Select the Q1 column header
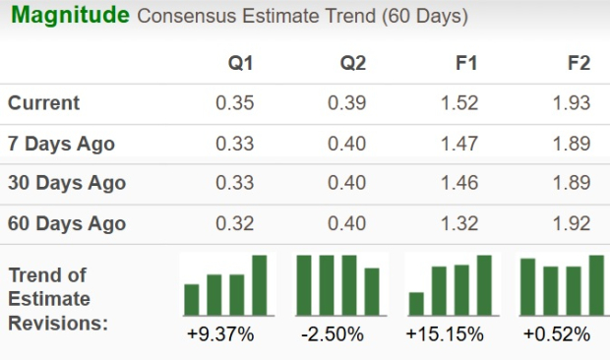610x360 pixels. click(x=240, y=63)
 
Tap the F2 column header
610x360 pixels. click(x=579, y=63)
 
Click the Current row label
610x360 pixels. click(x=44, y=103)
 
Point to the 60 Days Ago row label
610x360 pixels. click(x=67, y=223)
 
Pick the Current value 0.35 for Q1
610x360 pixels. click(x=235, y=103)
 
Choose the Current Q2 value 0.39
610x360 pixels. click(x=347, y=103)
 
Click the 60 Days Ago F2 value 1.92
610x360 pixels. click(x=572, y=223)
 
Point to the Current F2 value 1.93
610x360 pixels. click(x=572, y=103)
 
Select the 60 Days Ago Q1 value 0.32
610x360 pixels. click(x=235, y=223)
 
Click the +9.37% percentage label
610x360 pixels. click(x=220, y=334)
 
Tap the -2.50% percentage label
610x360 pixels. click(x=333, y=334)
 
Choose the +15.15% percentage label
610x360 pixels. click(x=445, y=334)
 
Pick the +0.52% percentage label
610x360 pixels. click(x=557, y=334)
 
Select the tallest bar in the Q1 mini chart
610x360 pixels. click(x=260, y=285)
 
